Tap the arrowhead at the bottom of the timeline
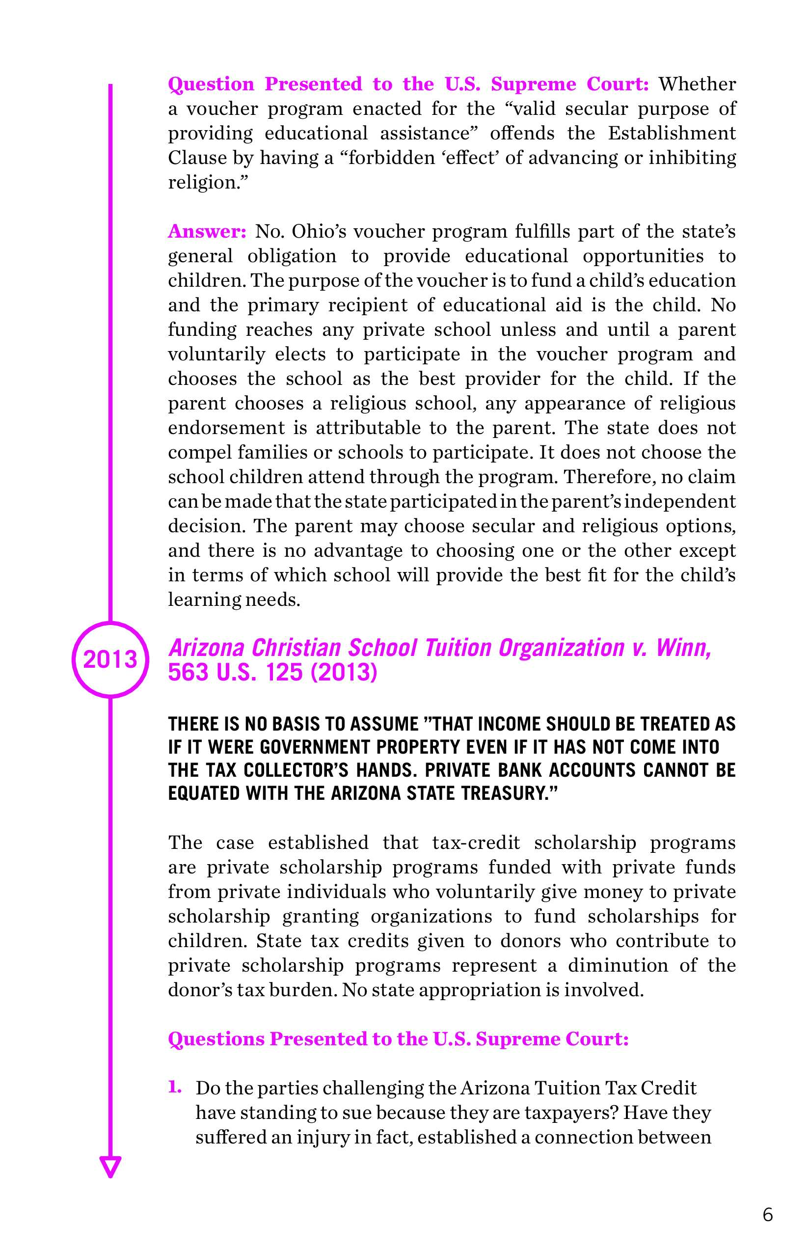coord(110,1166)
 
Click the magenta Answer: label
coord(207,231)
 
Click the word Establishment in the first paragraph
coord(672,133)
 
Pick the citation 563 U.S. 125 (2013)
coord(272,672)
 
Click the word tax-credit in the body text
coord(476,842)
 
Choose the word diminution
coord(618,965)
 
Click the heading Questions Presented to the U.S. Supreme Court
coord(398,1039)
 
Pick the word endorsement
coord(226,428)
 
